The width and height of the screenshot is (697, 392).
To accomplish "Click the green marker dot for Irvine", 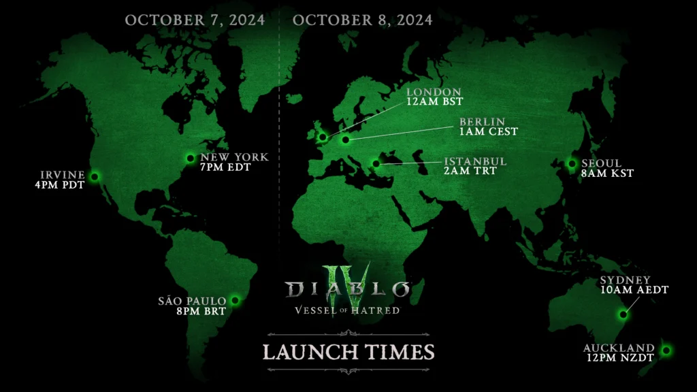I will pos(95,177).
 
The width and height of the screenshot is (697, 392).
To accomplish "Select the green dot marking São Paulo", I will pos(235,299).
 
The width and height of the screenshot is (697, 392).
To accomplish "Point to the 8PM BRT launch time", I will pos(193,311).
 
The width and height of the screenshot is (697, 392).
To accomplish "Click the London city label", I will pos(434,92).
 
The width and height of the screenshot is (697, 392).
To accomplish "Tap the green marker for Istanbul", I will pos(376,163).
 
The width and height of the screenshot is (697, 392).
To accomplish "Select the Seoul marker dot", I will pos(572,163).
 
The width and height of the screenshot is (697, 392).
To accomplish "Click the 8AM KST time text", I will pos(607,174).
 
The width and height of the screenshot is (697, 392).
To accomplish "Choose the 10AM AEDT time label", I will pos(634,290).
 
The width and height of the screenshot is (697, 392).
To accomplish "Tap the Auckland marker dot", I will pos(666,350).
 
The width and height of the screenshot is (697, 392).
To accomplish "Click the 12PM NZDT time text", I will pos(619,359).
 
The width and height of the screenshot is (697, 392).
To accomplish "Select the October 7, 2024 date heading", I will pos(195,20).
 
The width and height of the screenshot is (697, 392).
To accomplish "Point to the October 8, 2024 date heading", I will pos(362,20).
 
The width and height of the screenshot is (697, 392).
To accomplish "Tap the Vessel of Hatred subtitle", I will pos(348,310).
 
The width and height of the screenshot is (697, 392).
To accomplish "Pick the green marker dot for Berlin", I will pos(346,140).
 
